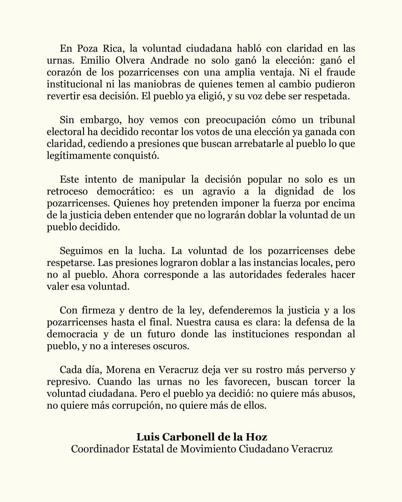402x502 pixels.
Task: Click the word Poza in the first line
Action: [x=88, y=48]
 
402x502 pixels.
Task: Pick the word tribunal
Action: [x=337, y=120]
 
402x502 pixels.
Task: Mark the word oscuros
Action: [x=172, y=346]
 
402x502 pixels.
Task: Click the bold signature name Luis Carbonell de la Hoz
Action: [x=202, y=437]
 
